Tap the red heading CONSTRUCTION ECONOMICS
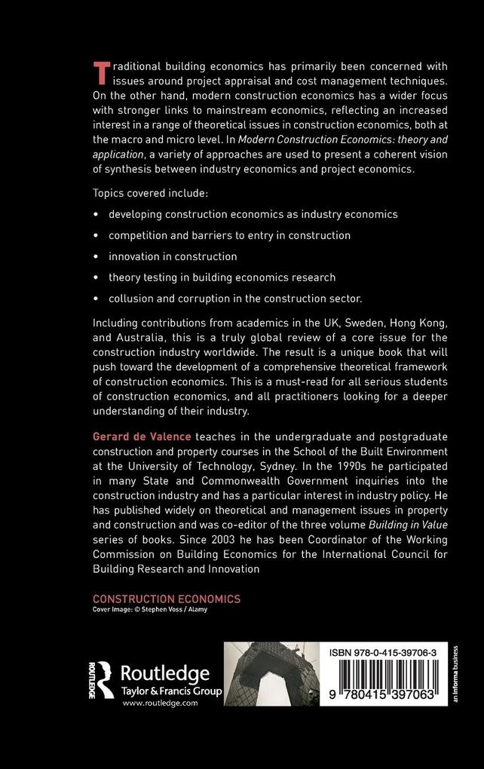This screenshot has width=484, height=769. (x=167, y=599)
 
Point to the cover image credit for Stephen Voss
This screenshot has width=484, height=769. (x=149, y=609)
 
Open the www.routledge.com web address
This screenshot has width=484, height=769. (x=159, y=703)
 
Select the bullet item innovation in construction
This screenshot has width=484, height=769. (x=173, y=256)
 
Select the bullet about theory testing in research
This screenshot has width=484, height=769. (x=222, y=277)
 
